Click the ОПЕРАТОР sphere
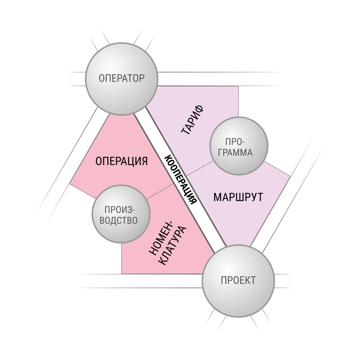[x=122, y=79]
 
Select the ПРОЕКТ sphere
[x=238, y=281]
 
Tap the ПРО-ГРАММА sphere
[x=239, y=146]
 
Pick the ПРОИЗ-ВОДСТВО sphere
[x=121, y=214]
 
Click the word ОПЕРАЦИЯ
[x=121, y=161]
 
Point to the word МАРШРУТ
[x=238, y=197]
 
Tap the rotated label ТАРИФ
[x=192, y=120]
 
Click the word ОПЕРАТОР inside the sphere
[x=122, y=78]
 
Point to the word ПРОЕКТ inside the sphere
[x=238, y=280]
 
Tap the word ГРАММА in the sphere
[x=235, y=153]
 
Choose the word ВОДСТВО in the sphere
[x=119, y=220]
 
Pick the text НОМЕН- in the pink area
[x=161, y=238]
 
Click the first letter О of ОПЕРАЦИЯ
[x=99, y=161]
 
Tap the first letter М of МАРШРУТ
[x=217, y=197]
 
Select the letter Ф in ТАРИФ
[x=199, y=109]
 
